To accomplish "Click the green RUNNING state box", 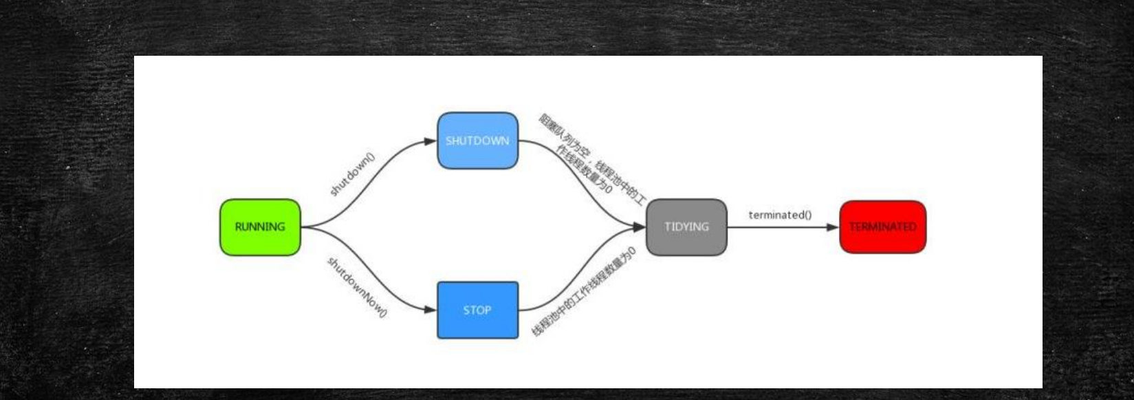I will point(260,227).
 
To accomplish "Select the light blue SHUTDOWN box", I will point(477,140).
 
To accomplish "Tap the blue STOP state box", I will point(477,310).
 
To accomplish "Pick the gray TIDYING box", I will point(686,227).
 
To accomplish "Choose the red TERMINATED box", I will point(882,227).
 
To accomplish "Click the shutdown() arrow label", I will point(352,174).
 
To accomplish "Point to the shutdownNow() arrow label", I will point(357,287).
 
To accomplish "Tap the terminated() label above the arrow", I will point(780,215).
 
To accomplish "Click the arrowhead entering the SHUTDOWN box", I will point(430,142).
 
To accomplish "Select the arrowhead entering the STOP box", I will point(430,310).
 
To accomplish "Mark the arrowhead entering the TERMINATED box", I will point(833,227).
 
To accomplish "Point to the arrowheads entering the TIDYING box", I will point(640,227).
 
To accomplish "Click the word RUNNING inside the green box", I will point(260,227).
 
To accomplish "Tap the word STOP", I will point(477,310).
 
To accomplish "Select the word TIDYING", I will point(686,227).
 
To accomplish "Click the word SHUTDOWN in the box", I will point(477,141).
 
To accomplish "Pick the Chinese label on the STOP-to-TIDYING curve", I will point(585,291).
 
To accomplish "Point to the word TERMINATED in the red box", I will point(882,227).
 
